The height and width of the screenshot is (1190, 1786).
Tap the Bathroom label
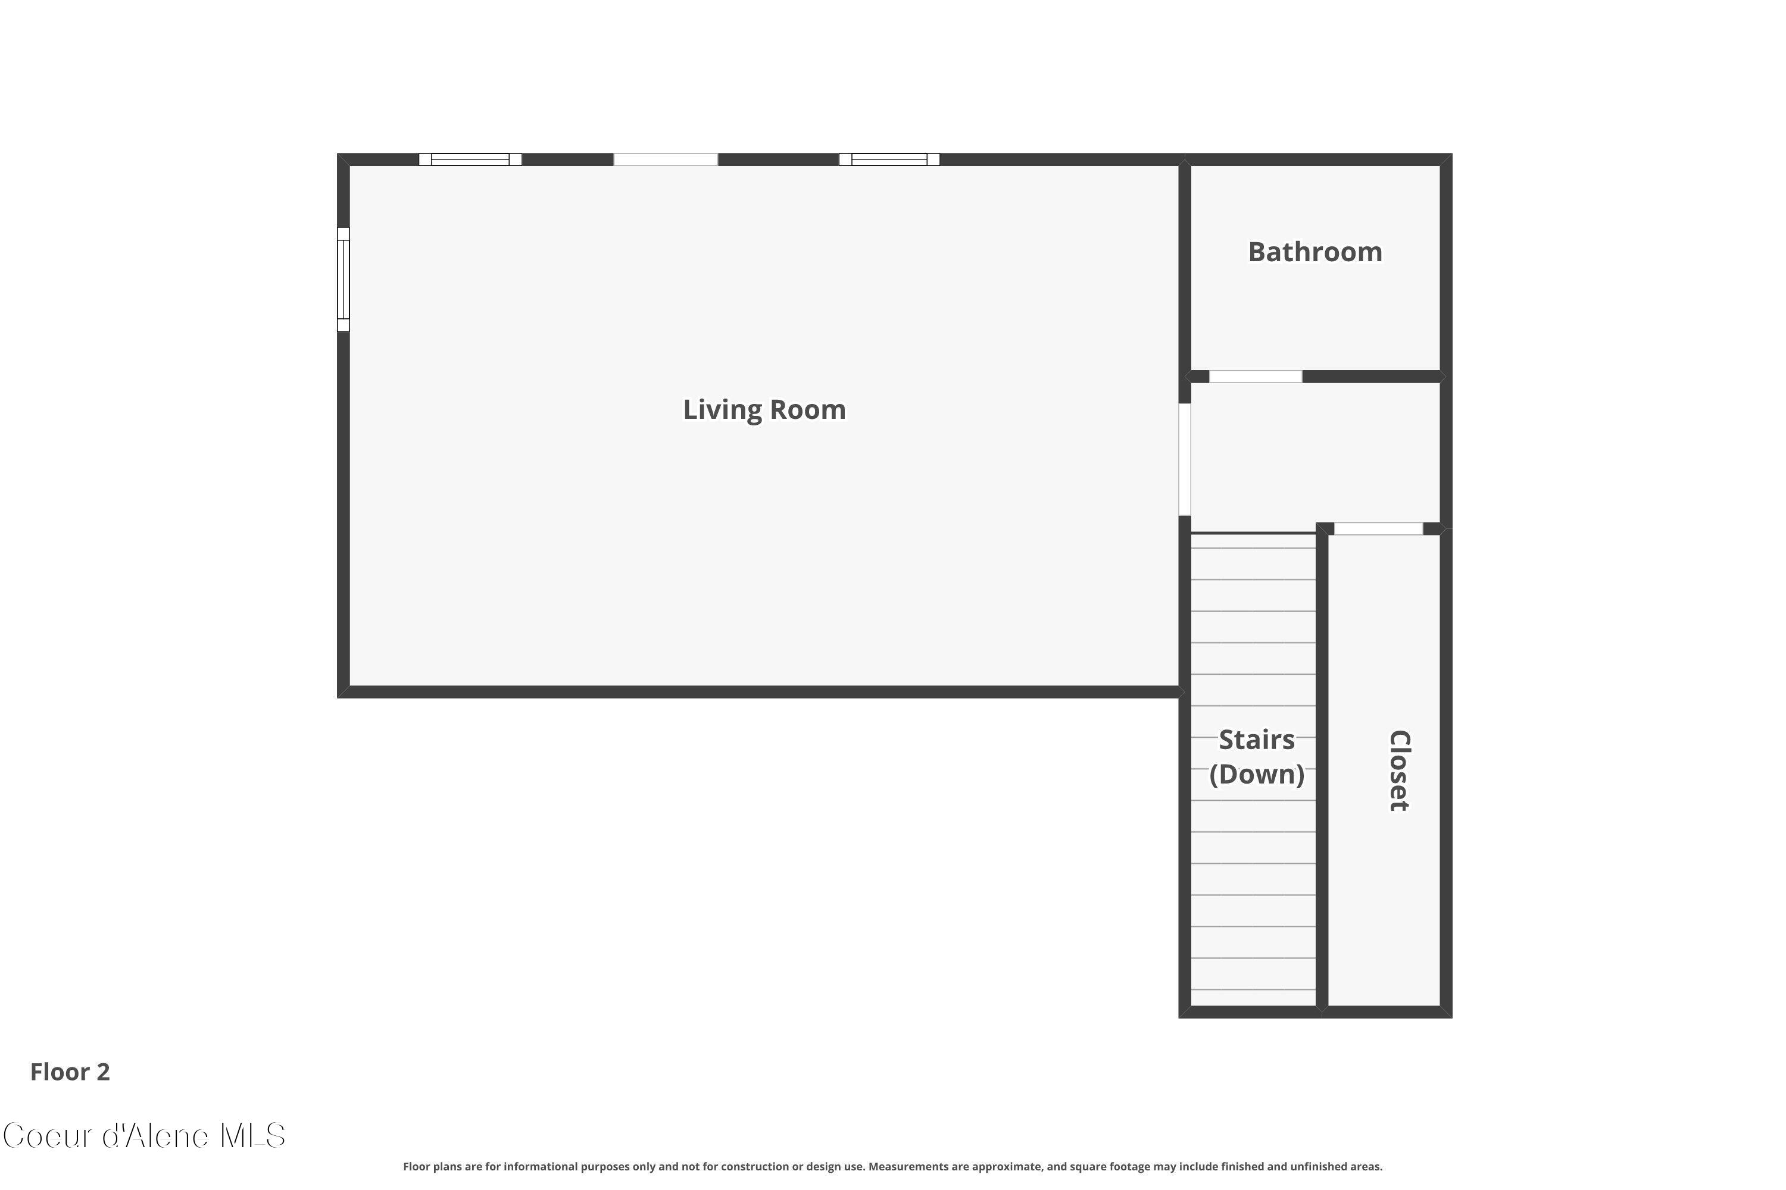1315,252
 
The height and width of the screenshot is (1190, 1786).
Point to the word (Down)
1257,774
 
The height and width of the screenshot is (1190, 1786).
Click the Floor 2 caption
70,1072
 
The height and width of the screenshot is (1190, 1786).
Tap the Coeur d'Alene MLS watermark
144,1136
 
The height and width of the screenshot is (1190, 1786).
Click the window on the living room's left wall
344,279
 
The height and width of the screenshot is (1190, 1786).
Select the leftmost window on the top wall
470,159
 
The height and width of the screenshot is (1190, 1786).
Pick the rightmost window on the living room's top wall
889,159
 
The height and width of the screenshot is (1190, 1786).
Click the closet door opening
1378,529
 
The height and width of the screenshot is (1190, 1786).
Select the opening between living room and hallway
1185,459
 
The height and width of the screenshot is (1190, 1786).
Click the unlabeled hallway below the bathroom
1315,455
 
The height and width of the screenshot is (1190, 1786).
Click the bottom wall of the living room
760,692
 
